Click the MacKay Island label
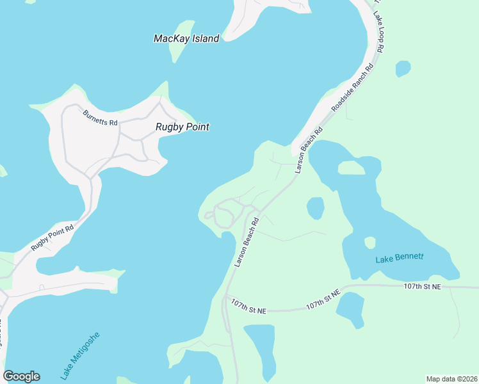pos(186,38)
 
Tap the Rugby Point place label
pos(183,127)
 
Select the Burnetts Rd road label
pos(101,118)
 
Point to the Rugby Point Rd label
pos(53,236)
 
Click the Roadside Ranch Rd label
pos(352,88)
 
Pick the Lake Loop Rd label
pos(379,32)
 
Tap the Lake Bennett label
pos(400,258)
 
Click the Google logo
pos(21,376)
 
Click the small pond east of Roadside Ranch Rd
pos(403,68)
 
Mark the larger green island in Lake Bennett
pos(351,168)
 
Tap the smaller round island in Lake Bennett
pos(370,243)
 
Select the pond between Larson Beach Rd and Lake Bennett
pos(315,208)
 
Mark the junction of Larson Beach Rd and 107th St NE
pos(225,297)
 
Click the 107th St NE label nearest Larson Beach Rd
pos(248,306)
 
